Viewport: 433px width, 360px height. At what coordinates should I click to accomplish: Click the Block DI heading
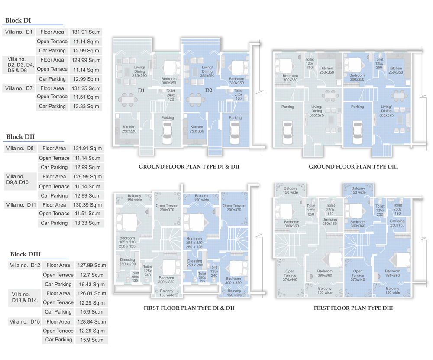click(x=18, y=20)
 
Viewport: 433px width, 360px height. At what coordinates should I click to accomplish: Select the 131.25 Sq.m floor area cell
click(x=86, y=88)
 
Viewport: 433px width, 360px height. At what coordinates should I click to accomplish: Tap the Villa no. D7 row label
click(x=19, y=88)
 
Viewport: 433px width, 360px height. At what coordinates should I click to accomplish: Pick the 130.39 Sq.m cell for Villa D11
click(x=87, y=205)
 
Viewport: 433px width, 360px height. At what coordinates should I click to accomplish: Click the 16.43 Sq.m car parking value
click(x=92, y=284)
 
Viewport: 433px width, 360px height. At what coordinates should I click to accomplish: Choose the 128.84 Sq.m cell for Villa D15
click(x=92, y=321)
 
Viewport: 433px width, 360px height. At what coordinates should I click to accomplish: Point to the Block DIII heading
click(x=26, y=254)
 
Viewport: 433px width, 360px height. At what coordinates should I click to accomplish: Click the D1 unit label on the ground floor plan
click(x=142, y=91)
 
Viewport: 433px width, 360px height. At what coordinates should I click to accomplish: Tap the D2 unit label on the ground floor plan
click(x=209, y=91)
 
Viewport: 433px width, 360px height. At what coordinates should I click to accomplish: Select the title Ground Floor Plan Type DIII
click(x=353, y=167)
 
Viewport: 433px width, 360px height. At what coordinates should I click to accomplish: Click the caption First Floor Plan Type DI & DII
click(x=189, y=308)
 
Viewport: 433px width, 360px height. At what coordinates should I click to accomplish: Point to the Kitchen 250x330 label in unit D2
click(x=197, y=129)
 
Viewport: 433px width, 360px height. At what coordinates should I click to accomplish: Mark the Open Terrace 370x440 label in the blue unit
click(x=358, y=276)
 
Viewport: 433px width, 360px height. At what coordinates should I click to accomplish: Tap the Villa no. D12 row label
click(x=25, y=266)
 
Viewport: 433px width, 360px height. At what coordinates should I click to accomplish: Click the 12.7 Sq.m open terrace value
click(x=92, y=275)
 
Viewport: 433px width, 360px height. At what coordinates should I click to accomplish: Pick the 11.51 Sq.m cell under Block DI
click(x=86, y=97)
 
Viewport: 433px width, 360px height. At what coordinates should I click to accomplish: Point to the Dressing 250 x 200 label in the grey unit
click(x=128, y=262)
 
